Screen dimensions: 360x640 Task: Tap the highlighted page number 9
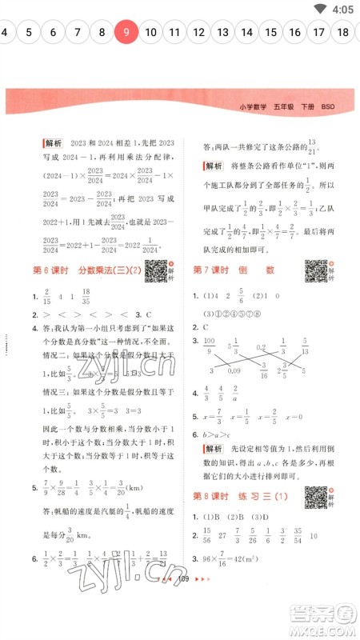(x=126, y=32)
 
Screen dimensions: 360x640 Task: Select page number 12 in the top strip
(x=199, y=32)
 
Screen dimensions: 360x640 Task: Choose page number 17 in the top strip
(x=320, y=32)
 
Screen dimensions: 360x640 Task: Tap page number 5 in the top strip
(x=29, y=32)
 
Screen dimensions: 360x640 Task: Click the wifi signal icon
(x=322, y=10)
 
